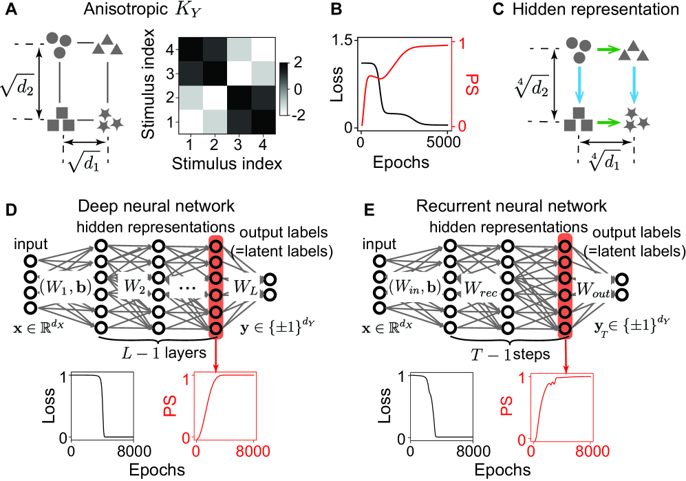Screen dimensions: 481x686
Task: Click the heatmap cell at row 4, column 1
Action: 191,52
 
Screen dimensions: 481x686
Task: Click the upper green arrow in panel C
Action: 608,50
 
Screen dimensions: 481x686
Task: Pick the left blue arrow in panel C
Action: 580,86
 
